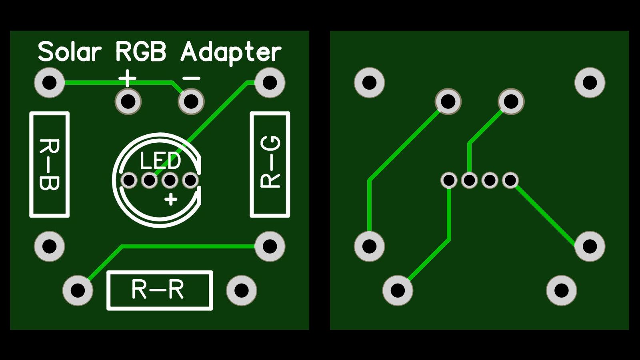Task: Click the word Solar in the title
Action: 70,52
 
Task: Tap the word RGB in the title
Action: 140,52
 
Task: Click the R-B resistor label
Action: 49,164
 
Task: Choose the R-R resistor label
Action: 159,290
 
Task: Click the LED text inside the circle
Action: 161,161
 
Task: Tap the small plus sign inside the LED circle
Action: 171,199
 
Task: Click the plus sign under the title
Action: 128,78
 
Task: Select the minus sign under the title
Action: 191,78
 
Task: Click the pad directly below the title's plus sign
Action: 128,102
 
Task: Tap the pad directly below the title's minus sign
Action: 191,102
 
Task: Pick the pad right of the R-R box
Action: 242,290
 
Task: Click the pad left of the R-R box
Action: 78,290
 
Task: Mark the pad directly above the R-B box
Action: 50,83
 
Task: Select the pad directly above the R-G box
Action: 270,83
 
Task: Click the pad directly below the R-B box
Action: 50,246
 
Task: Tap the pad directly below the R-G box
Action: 270,246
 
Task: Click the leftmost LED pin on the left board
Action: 129,180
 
